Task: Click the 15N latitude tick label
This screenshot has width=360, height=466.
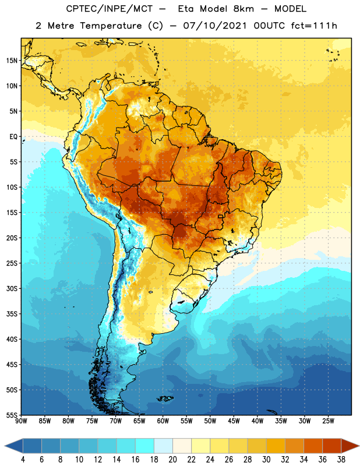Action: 12,61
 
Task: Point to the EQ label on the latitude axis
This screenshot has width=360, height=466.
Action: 13,137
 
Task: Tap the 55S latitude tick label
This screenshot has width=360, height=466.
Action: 12,415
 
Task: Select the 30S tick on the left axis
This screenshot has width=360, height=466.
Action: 12,288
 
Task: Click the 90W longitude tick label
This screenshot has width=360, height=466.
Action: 21,421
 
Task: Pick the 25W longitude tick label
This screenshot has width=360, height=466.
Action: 328,421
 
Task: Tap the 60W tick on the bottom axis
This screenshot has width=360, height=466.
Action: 163,421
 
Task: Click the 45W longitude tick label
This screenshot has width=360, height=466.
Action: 234,421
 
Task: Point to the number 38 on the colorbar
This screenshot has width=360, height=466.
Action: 341,460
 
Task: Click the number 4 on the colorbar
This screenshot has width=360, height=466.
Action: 23,460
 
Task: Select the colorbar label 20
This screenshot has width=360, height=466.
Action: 172,460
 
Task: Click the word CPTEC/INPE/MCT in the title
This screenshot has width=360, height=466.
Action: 109,9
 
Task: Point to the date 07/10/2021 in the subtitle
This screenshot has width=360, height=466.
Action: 215,26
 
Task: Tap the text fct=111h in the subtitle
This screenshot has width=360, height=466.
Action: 314,26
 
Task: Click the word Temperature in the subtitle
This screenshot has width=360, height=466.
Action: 111,26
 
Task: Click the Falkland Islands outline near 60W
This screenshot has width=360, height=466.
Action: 165,398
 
